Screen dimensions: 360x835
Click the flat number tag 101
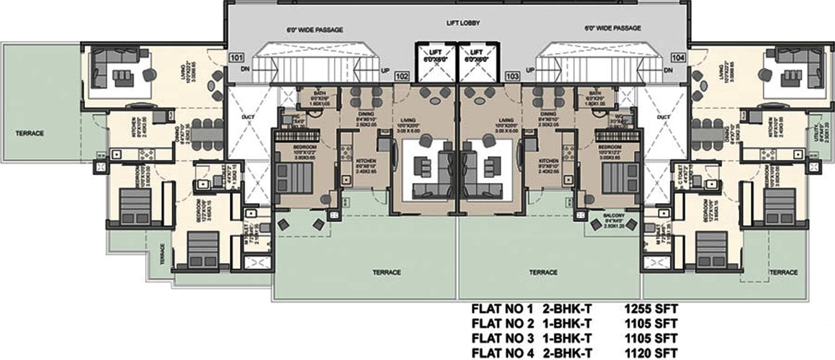point(236,58)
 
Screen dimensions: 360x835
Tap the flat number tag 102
point(402,76)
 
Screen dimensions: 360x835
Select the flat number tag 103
point(512,76)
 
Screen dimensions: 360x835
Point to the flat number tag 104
point(678,57)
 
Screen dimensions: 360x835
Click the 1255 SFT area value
point(651,309)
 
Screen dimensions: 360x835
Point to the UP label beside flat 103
point(531,70)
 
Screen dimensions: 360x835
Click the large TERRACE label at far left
point(31,134)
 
